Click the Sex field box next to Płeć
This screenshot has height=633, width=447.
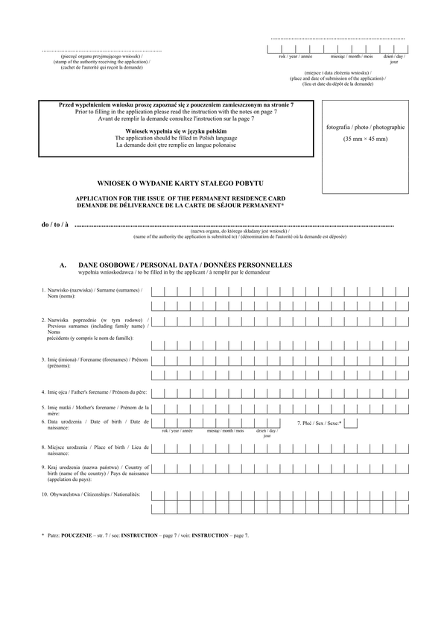pyautogui.click(x=351, y=423)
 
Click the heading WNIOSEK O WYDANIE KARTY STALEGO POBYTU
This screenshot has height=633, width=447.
pyautogui.click(x=180, y=183)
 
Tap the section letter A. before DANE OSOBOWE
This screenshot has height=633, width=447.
pyautogui.click(x=63, y=265)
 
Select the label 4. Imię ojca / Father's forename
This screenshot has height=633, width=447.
pyautogui.click(x=95, y=391)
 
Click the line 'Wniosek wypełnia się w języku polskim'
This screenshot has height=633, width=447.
pyautogui.click(x=176, y=131)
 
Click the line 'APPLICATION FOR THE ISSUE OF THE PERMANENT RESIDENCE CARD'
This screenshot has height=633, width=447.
pyautogui.click(x=180, y=198)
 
